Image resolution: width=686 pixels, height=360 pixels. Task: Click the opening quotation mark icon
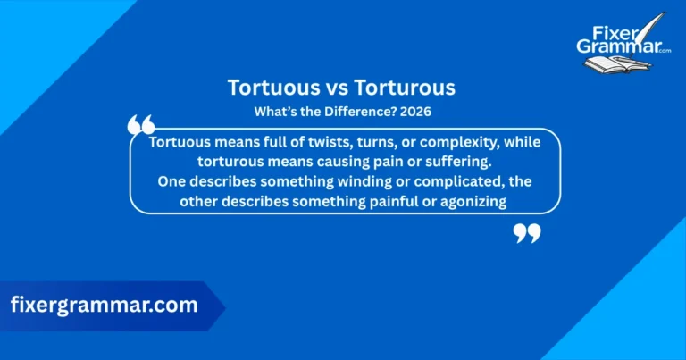[x=141, y=125]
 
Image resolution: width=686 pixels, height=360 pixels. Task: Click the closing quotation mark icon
[x=527, y=234]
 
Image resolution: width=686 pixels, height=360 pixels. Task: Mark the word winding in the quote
[x=345, y=181]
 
